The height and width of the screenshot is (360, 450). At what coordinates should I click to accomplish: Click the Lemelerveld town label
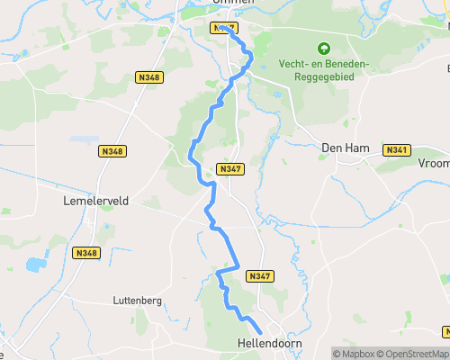click(x=97, y=202)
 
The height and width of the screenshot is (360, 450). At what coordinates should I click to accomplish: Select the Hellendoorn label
click(x=269, y=345)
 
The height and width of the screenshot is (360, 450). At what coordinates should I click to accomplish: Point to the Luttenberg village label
click(x=137, y=300)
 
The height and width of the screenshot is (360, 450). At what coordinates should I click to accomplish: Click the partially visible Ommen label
click(x=234, y=3)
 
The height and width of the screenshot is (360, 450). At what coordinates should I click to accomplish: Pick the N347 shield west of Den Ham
click(x=230, y=169)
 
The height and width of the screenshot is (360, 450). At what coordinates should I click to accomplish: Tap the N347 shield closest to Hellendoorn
click(x=259, y=275)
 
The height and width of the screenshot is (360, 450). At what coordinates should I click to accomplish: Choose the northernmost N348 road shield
click(x=149, y=79)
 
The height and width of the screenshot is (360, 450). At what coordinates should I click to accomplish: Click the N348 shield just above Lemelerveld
click(x=114, y=151)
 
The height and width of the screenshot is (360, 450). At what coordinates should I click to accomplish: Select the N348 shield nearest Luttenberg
click(x=86, y=253)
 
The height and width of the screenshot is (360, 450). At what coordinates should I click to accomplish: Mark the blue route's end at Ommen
click(x=219, y=26)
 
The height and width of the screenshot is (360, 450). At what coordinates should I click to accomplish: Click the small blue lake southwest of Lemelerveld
click(x=36, y=265)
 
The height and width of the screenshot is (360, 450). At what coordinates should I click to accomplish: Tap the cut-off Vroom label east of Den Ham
click(x=433, y=165)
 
